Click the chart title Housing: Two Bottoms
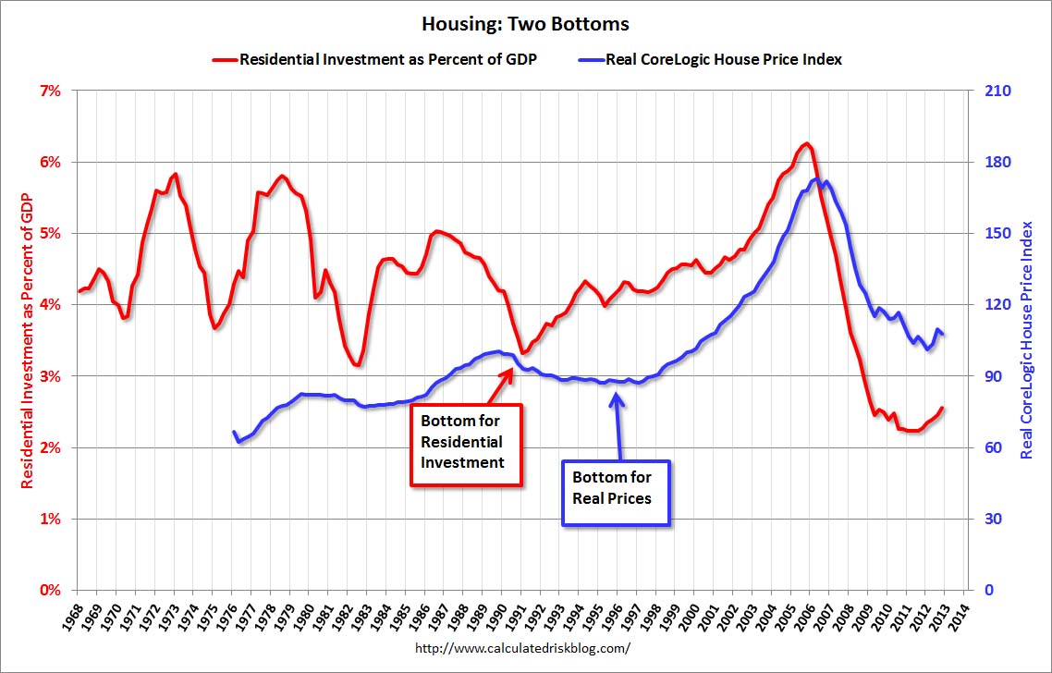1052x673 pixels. click(525, 21)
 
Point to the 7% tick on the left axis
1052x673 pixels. click(49, 91)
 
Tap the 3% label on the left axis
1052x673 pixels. click(49, 376)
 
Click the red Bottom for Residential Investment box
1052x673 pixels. click(467, 445)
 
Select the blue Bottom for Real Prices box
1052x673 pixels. click(616, 493)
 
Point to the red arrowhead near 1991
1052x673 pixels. click(510, 370)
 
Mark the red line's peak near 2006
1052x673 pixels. click(807, 143)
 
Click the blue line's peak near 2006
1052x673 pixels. click(815, 179)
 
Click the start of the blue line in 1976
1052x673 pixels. click(233, 432)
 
